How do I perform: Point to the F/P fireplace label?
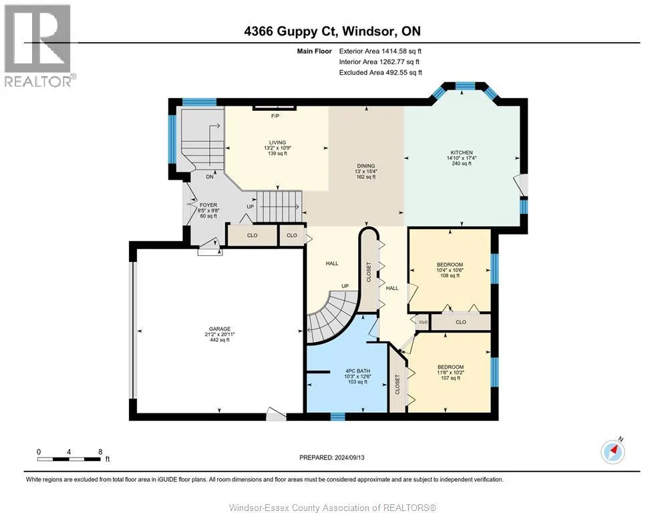(x=274, y=116)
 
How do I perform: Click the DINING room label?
(x=365, y=166)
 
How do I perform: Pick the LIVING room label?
(x=277, y=142)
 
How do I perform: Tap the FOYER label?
(x=206, y=204)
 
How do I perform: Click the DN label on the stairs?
(x=210, y=177)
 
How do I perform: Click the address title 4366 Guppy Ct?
(x=331, y=31)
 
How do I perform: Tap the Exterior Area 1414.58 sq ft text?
(x=380, y=51)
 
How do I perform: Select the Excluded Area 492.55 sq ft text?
(x=380, y=72)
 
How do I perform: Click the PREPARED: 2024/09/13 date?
(x=331, y=458)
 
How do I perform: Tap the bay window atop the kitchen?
(x=465, y=88)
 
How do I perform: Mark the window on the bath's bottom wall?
(x=338, y=416)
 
